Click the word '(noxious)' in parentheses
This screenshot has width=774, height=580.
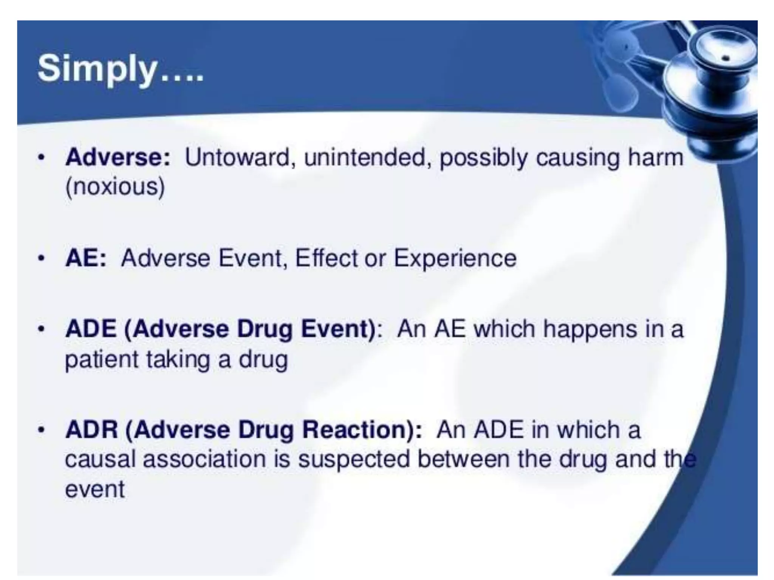point(115,187)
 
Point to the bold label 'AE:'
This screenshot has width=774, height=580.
point(86,259)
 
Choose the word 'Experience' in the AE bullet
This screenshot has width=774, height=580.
point(455,259)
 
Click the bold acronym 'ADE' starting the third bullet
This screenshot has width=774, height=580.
point(91,329)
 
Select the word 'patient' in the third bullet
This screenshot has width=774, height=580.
point(102,359)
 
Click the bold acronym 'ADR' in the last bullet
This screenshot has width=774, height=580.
point(91,430)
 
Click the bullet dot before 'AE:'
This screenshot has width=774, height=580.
point(42,259)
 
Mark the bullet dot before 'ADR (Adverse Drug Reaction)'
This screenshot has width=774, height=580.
point(42,430)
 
